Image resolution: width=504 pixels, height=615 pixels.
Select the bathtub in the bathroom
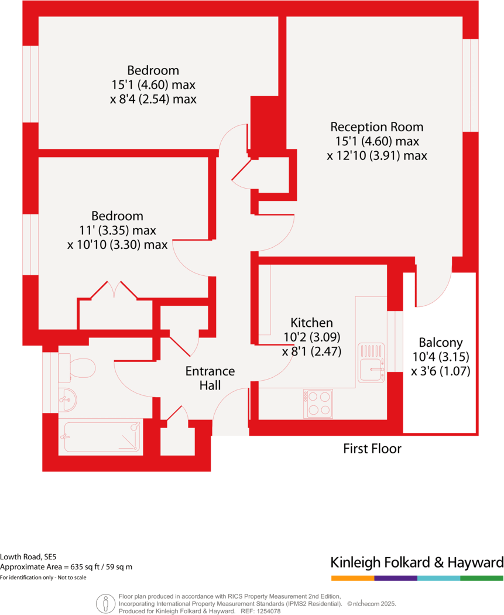click(x=103, y=436)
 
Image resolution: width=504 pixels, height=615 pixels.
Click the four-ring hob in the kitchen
click(x=318, y=404)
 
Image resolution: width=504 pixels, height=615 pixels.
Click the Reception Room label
click(x=376, y=127)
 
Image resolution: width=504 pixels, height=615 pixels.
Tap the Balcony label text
click(x=440, y=343)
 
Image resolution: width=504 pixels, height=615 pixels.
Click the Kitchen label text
click(x=311, y=323)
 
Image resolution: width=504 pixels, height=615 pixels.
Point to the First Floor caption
click(x=372, y=449)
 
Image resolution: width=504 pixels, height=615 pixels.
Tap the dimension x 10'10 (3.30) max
click(x=117, y=244)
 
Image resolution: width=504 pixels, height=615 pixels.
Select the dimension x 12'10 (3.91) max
click(x=376, y=156)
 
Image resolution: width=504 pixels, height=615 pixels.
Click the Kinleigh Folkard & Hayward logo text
click(x=417, y=563)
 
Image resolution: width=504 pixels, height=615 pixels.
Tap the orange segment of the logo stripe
click(x=352, y=578)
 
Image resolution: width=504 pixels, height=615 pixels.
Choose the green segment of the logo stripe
click(x=482, y=578)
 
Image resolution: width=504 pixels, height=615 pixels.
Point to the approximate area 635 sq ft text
click(x=66, y=567)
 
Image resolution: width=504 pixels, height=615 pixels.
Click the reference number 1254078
click(x=269, y=611)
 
